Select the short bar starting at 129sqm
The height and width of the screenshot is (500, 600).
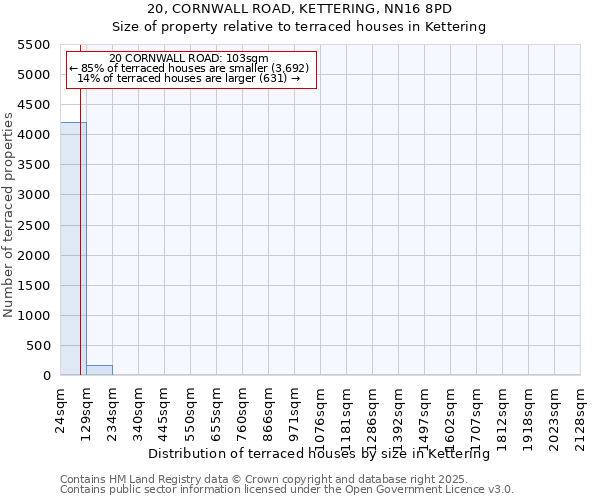point(99,370)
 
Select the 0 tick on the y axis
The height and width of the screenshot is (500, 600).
point(46,376)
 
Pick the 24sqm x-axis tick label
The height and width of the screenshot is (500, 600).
point(61,407)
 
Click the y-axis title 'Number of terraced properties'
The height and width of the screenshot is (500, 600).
point(9,215)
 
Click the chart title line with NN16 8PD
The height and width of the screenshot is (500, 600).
point(298,9)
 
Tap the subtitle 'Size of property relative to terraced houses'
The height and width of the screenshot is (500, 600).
point(298,27)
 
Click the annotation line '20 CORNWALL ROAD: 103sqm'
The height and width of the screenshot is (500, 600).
point(189,59)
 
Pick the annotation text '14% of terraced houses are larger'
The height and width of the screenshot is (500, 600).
point(189,78)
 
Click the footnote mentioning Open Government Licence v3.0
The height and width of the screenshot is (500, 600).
point(287,490)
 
